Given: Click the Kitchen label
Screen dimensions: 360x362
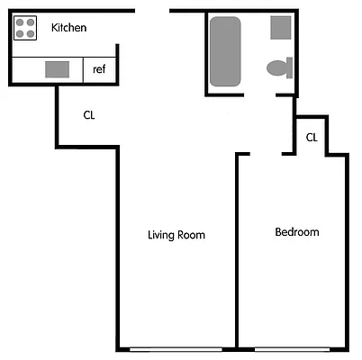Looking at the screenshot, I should (68, 28).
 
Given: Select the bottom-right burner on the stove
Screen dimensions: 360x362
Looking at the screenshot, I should (32, 34).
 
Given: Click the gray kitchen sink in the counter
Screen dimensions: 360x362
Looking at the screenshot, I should (58, 69).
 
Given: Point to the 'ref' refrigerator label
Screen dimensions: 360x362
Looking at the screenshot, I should (99, 68).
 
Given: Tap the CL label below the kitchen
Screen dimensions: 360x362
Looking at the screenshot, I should (89, 115).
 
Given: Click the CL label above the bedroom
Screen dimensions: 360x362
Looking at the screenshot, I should (312, 138).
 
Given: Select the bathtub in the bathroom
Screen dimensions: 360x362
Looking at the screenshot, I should (225, 52).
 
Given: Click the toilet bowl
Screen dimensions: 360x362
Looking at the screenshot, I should (279, 67).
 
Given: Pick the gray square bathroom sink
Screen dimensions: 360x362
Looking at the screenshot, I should (281, 26).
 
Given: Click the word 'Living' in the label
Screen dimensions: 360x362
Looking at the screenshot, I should (162, 236).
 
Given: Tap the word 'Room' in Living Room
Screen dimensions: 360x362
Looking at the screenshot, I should (193, 236).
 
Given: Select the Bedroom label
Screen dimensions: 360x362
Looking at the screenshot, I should (296, 232).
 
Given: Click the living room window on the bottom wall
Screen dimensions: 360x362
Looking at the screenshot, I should (176, 348).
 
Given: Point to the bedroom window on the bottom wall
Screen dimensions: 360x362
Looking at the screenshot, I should (293, 348).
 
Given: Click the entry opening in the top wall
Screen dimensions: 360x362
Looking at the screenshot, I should (152, 11).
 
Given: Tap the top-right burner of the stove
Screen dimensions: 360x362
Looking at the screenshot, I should (32, 22).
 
